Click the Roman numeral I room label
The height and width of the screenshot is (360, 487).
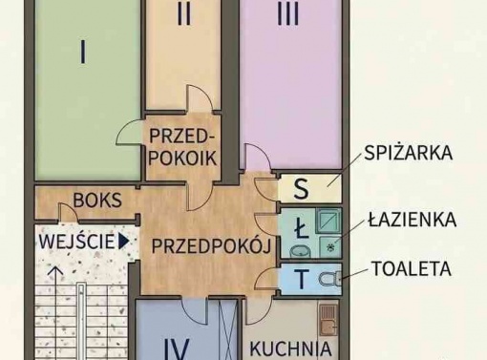[x=83, y=52]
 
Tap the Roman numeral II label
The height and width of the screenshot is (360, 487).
[x=184, y=14]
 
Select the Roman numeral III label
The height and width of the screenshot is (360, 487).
[x=288, y=14]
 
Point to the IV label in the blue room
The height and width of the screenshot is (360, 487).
[x=178, y=349]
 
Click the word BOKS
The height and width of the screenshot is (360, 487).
[x=97, y=201]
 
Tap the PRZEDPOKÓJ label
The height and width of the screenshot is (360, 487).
[x=211, y=246]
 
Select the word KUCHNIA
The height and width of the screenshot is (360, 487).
[x=290, y=349]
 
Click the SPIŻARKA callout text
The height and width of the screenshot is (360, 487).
[x=409, y=153]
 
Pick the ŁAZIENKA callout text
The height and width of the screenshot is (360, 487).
[x=413, y=220]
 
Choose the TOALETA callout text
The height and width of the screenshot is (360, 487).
[x=412, y=268]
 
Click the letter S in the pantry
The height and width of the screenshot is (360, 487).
[x=301, y=189]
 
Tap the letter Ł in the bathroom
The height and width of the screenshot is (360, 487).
[x=301, y=230]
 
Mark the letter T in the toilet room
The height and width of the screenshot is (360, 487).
[x=301, y=279]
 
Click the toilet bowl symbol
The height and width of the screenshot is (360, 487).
[x=329, y=279]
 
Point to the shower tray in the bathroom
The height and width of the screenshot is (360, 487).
[x=328, y=222]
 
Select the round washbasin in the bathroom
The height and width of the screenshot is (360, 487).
[x=300, y=251]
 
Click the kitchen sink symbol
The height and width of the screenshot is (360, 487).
[x=328, y=320]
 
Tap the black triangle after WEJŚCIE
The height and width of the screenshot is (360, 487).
[x=123, y=242]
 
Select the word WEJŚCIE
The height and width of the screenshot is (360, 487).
[x=76, y=242]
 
